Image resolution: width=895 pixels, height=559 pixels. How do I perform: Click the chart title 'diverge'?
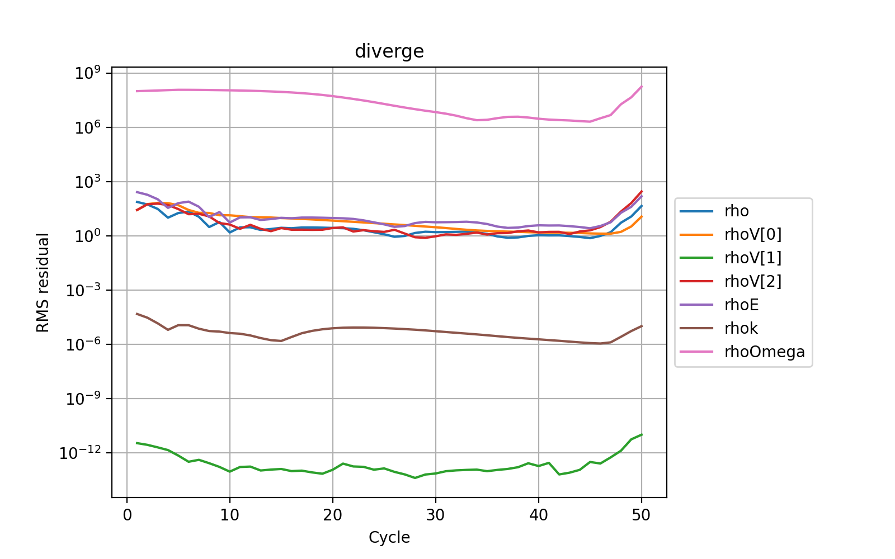[389, 51]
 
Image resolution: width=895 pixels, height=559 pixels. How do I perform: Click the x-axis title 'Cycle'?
[389, 538]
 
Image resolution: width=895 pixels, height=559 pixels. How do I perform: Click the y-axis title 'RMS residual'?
[43, 283]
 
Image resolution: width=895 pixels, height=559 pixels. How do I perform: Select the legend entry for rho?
[736, 211]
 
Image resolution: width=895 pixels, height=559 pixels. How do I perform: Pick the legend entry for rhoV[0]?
[752, 235]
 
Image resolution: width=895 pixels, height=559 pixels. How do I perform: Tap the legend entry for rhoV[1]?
[752, 258]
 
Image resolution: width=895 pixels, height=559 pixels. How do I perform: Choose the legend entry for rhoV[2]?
[752, 282]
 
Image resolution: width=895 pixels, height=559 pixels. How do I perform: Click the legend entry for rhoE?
[741, 305]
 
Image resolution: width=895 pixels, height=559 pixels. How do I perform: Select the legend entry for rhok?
[741, 329]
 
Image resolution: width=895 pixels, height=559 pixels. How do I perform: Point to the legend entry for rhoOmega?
[764, 352]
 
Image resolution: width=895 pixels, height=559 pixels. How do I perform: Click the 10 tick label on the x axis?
[230, 515]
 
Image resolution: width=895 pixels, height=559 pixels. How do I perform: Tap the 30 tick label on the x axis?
[436, 515]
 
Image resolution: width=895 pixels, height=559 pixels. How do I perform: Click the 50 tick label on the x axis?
[642, 515]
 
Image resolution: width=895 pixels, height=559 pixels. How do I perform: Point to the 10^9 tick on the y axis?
[88, 73]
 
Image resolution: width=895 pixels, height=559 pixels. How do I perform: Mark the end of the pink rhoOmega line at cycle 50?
[642, 86]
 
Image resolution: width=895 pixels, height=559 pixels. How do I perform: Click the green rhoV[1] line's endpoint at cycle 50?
[642, 434]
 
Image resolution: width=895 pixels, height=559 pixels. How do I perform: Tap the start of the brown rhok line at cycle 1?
[137, 314]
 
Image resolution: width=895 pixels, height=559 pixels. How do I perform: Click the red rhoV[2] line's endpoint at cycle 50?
[642, 191]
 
